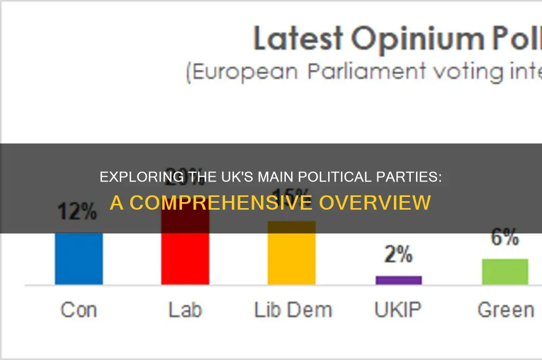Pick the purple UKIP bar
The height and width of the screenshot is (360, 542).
point(399,280)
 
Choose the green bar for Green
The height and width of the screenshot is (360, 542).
point(505,272)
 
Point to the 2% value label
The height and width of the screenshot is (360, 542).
point(399,255)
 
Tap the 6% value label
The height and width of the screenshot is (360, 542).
point(505,238)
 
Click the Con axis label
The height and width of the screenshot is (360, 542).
point(79,310)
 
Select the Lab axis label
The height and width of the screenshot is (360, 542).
point(185,310)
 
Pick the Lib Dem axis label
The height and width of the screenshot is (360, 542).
point(293,310)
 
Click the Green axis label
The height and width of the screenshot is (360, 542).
point(505,310)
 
